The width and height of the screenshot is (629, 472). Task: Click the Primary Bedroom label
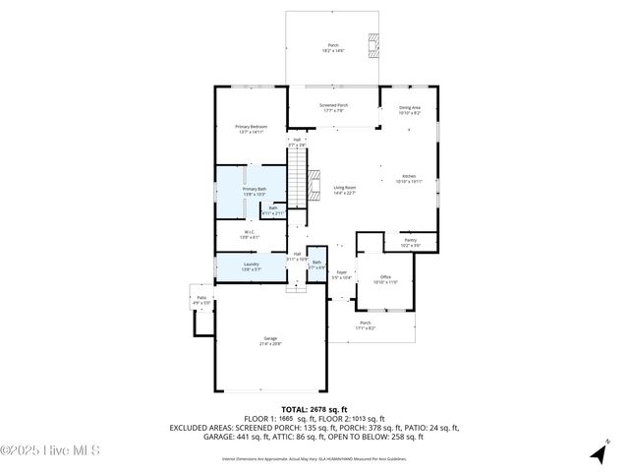pyautogui.click(x=251, y=129)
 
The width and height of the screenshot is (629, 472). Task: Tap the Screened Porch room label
pyautogui.click(x=332, y=108)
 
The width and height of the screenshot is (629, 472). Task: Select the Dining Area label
pyautogui.click(x=409, y=110)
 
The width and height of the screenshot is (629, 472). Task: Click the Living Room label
pyautogui.click(x=343, y=190)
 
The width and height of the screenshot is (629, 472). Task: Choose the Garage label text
pyautogui.click(x=269, y=340)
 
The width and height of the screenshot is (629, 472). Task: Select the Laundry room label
pyautogui.click(x=251, y=265)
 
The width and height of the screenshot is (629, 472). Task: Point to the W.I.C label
pyautogui.click(x=251, y=234)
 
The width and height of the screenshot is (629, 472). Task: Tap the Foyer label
pyautogui.click(x=342, y=274)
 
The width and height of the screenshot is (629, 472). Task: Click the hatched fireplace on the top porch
pyautogui.click(x=372, y=44)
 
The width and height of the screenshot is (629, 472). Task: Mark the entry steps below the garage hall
pyautogui.click(x=296, y=288)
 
